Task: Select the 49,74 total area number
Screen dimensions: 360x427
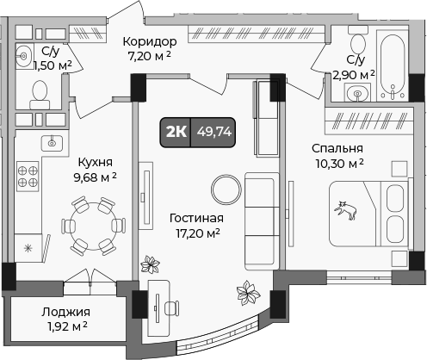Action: click(213, 132)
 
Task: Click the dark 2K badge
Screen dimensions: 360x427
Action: click(176, 132)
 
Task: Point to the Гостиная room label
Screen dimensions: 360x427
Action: click(197, 217)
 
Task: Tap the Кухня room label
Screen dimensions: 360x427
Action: click(95, 161)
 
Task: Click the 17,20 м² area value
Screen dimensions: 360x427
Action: click(197, 233)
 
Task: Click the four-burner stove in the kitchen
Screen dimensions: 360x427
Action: click(27, 176)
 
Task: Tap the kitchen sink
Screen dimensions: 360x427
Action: click(51, 140)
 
